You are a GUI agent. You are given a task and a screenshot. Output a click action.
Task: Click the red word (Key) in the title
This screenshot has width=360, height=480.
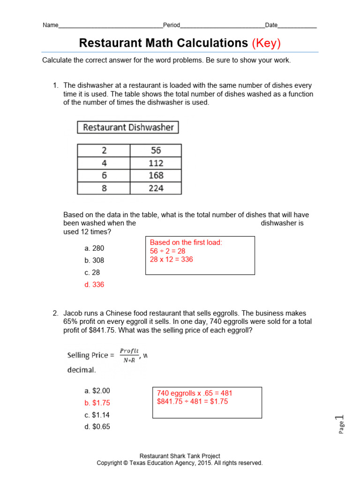tap(266, 43)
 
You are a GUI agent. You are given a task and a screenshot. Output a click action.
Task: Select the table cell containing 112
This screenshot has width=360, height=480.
tap(156, 163)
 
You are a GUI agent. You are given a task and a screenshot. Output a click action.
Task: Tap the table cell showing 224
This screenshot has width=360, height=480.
tap(156, 188)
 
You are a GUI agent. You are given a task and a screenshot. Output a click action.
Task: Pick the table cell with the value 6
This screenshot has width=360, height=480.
tap(104, 175)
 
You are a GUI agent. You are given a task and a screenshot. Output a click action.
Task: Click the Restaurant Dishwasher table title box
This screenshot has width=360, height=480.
tap(128, 127)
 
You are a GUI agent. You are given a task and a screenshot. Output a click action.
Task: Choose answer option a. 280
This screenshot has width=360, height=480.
tap(94, 248)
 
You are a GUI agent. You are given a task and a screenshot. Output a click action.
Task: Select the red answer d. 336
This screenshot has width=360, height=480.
tap(94, 285)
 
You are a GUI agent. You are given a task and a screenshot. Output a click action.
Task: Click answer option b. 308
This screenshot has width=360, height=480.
tap(94, 260)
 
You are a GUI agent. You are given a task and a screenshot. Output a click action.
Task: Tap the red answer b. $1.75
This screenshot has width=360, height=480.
tap(97, 403)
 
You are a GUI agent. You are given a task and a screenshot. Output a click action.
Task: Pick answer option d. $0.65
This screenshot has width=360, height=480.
tap(97, 427)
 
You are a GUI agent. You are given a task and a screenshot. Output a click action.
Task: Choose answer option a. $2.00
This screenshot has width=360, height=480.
tap(97, 390)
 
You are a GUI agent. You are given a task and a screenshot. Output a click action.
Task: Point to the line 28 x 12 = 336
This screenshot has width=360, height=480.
tap(172, 259)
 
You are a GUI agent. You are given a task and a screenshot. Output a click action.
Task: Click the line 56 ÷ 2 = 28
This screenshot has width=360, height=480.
tap(168, 251)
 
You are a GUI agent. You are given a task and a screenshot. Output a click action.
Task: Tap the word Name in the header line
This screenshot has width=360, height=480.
tap(51, 25)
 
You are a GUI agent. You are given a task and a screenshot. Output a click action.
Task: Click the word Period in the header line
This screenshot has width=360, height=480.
tap(172, 25)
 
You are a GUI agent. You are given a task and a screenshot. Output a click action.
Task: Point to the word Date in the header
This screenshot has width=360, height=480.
tap(271, 25)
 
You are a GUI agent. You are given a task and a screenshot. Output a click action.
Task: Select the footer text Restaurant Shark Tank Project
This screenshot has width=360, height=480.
tap(180, 456)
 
